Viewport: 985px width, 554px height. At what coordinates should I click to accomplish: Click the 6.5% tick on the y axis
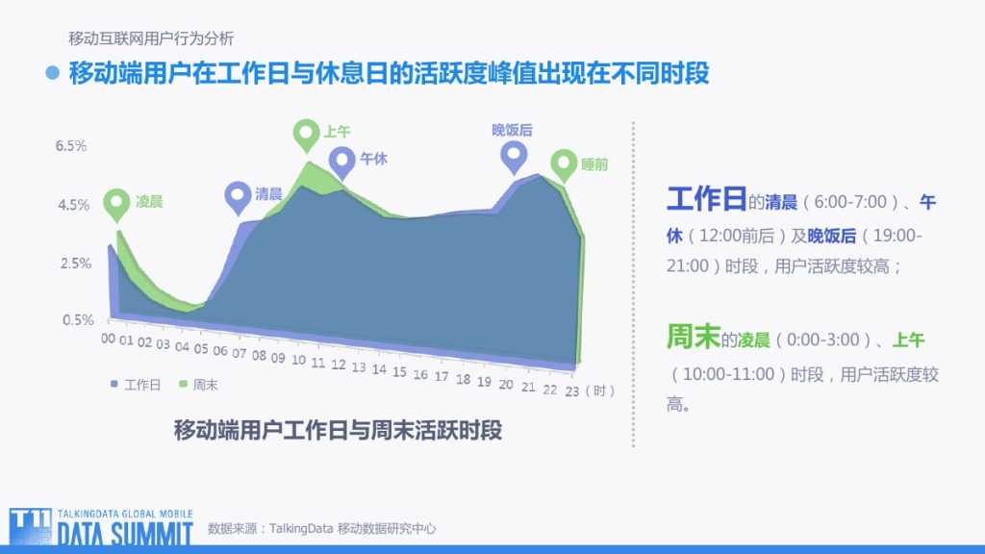(71, 146)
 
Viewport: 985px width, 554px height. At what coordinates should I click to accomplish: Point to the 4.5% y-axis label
(73, 205)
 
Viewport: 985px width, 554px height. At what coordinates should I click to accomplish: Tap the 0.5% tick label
(78, 320)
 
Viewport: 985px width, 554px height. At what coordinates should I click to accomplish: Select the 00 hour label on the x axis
(108, 339)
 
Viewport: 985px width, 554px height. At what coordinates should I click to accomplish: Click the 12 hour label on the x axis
(338, 365)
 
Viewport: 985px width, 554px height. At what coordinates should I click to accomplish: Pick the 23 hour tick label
(571, 391)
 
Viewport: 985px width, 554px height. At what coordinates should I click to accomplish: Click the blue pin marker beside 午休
(341, 162)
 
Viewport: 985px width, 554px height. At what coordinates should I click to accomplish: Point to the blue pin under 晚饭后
(515, 156)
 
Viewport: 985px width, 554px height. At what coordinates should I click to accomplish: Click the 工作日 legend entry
(136, 385)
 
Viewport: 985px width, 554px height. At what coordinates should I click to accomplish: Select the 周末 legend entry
(199, 385)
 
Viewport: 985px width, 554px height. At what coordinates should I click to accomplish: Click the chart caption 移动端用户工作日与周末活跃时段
(338, 429)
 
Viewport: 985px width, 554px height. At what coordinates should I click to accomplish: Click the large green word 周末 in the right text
(693, 337)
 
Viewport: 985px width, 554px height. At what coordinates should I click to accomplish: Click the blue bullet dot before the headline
(53, 73)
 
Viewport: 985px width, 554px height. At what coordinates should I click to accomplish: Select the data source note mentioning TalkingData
(322, 528)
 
